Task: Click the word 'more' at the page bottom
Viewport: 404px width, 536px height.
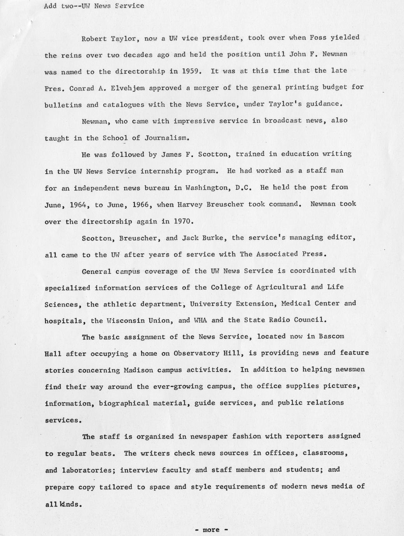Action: tap(211, 530)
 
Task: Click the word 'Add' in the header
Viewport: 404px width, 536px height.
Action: tap(51, 6)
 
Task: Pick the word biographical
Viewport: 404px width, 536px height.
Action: tap(124, 403)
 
